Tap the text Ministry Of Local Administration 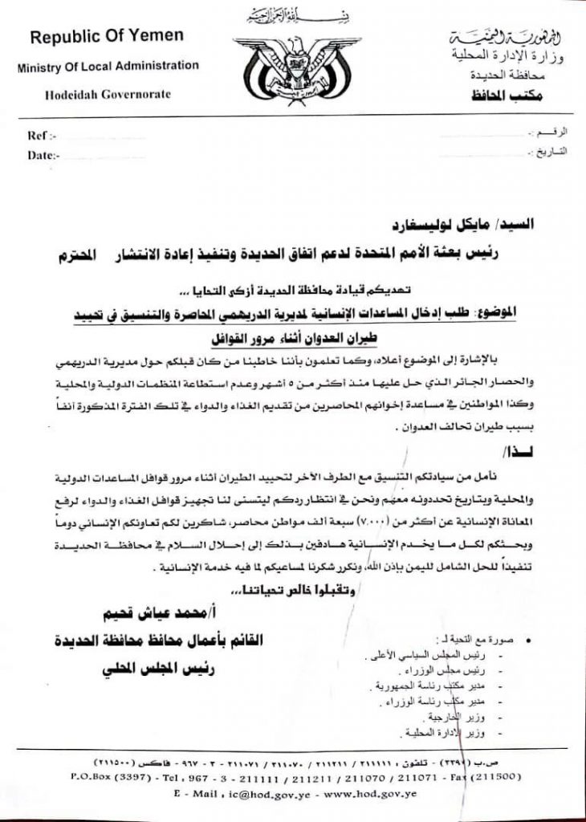point(108,66)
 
